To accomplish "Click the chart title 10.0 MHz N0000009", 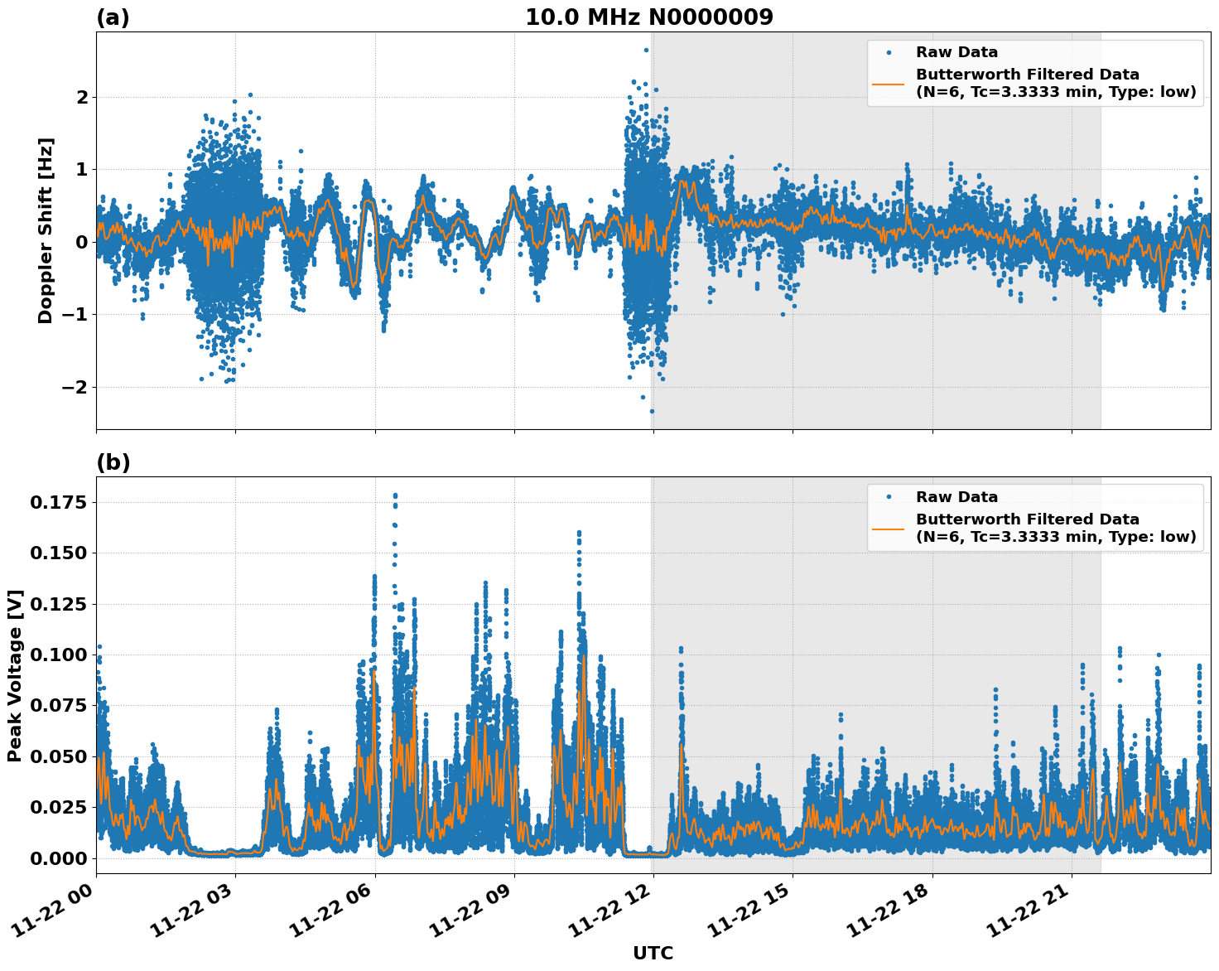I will point(649,17).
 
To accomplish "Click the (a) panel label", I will point(113,17).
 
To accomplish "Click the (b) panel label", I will point(113,462).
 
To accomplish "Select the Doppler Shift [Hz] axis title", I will point(46,230).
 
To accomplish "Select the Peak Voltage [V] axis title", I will point(15,675).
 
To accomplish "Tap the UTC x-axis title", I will point(653,953).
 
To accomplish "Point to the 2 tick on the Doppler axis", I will point(82,97).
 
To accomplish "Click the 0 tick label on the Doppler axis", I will point(82,242).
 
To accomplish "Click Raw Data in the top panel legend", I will point(956,52).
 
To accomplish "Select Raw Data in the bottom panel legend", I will point(956,497).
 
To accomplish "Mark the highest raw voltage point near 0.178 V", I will point(395,495).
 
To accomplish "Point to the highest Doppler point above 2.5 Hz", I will point(646,50).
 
